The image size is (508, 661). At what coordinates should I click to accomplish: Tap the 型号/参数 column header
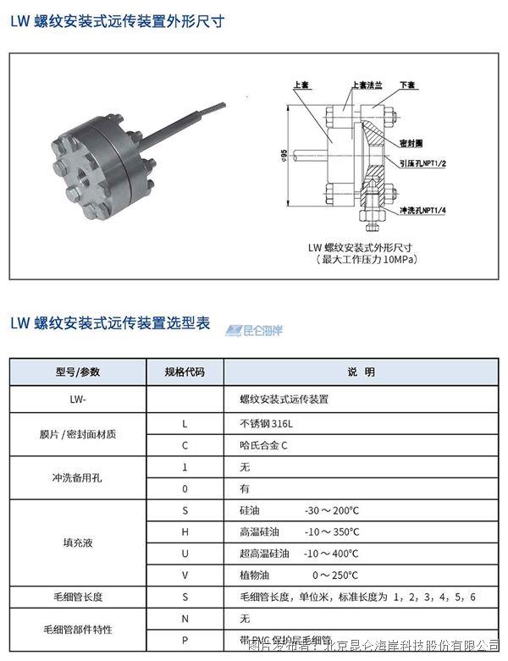coord(78,372)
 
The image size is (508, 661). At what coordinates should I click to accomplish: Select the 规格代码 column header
coord(185,372)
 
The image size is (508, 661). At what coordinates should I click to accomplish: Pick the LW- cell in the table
coord(78,398)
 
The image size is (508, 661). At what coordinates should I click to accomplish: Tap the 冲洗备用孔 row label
coord(78,477)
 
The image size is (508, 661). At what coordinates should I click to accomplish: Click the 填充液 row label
coord(78,543)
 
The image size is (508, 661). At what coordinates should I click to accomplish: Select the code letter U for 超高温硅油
coord(185,554)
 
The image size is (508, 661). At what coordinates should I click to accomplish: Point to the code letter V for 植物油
coord(185,576)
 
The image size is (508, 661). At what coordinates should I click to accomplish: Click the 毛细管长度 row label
coord(78,598)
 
